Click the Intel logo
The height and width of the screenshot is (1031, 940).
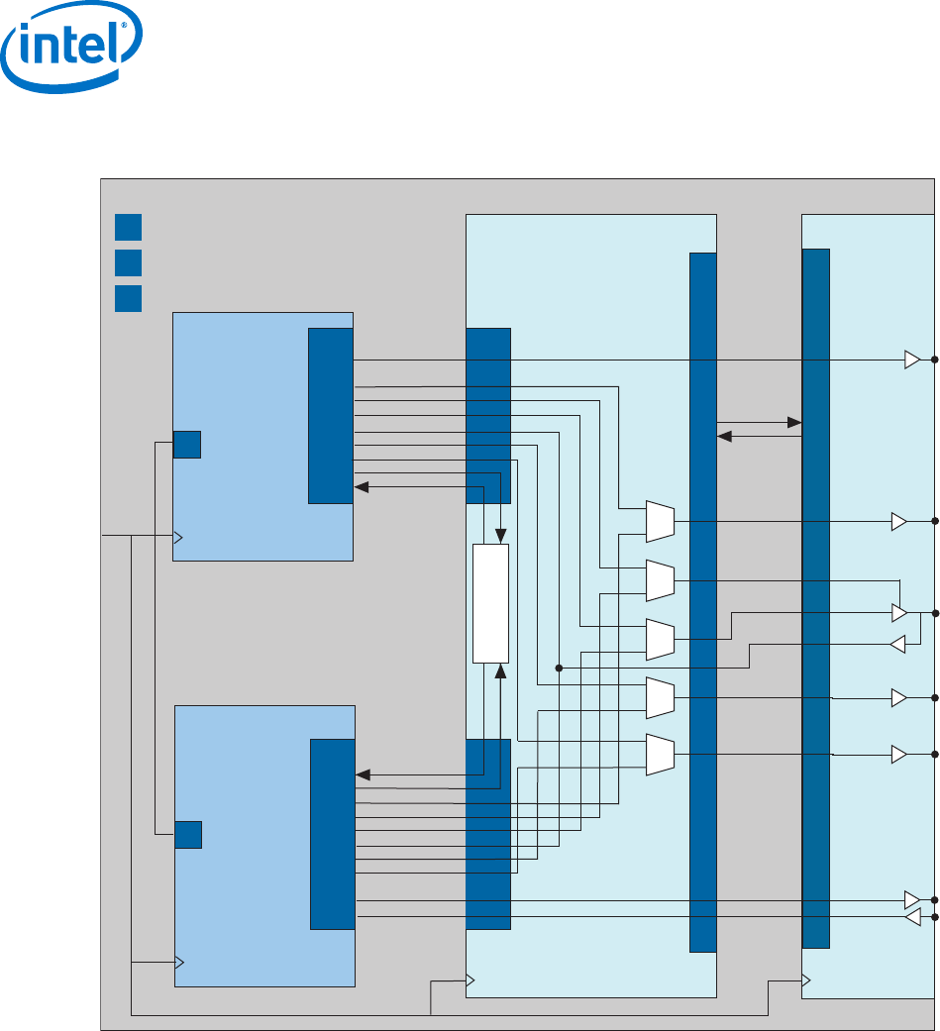(x=72, y=55)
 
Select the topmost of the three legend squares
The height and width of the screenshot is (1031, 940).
(x=128, y=227)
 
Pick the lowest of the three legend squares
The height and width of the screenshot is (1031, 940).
(x=128, y=298)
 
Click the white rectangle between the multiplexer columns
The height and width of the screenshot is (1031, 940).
(x=490, y=603)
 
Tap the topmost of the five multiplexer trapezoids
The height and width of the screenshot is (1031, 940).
(x=660, y=521)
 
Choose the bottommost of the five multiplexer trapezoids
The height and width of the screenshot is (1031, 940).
(x=660, y=755)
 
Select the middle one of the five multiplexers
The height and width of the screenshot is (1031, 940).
(x=660, y=639)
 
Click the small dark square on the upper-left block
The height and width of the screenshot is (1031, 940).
(x=187, y=445)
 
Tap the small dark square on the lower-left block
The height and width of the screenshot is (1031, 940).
(x=188, y=835)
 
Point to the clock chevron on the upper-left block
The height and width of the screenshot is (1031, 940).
(x=179, y=537)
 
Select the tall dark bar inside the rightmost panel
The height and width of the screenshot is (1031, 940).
(x=815, y=597)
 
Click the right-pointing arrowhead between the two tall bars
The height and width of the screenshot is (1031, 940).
(x=794, y=423)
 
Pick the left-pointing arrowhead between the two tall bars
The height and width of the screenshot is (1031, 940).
(x=724, y=436)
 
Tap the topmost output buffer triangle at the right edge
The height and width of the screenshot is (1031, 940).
(x=912, y=360)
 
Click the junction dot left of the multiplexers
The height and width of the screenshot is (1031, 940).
(x=559, y=669)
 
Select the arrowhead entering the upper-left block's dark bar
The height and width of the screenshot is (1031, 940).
(x=362, y=487)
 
